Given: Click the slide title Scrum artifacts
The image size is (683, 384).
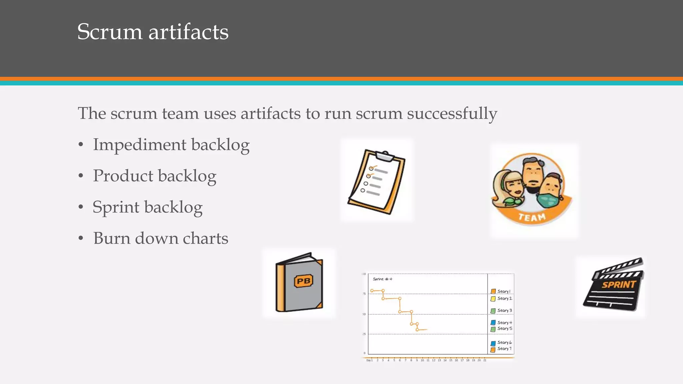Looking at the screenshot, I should click(x=153, y=32).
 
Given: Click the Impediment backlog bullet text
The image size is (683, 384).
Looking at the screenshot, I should click(x=171, y=145).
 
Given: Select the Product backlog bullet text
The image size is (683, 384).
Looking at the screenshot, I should click(x=154, y=176).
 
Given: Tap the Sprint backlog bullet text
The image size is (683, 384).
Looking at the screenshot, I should click(x=147, y=207).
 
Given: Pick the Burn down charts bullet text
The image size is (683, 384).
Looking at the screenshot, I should click(x=160, y=238).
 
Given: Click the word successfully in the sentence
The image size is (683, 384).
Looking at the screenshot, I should click(x=452, y=113).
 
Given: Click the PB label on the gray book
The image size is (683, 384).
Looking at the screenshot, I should click(x=303, y=281).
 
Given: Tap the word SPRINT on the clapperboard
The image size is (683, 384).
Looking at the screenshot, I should click(x=619, y=285).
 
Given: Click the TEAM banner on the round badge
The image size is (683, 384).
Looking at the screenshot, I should click(x=532, y=217).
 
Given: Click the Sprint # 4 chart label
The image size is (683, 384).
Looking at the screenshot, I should click(x=382, y=279).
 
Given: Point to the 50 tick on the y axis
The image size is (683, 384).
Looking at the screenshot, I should click(x=364, y=314).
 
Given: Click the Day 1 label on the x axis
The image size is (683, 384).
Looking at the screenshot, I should click(x=369, y=360).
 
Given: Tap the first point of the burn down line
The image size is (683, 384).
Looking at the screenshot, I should click(x=372, y=291).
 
